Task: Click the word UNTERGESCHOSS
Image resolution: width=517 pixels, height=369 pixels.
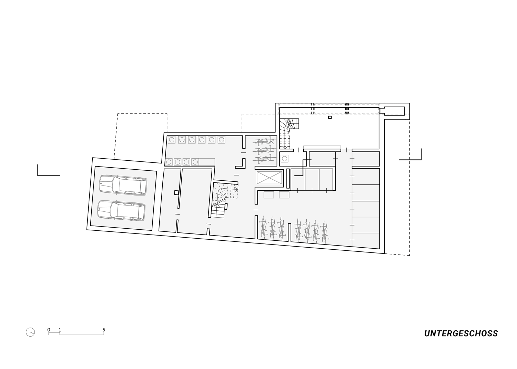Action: [x=461, y=334]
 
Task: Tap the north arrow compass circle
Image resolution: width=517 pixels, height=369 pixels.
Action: [x=30, y=332]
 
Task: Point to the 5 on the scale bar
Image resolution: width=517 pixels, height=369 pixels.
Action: [x=104, y=330]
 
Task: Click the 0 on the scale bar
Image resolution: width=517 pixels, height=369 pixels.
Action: [x=49, y=330]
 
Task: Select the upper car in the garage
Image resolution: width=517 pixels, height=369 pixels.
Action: [x=123, y=185]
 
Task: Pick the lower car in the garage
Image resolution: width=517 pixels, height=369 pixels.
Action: [x=121, y=210]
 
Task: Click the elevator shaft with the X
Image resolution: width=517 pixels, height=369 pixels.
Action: [x=269, y=178]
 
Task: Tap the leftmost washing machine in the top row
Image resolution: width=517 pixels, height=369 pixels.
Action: [x=172, y=140]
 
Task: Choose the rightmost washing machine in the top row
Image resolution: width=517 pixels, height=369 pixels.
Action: [x=221, y=140]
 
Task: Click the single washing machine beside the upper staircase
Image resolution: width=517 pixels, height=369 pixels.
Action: [x=285, y=159]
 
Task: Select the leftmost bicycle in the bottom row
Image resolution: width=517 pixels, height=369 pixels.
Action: [x=264, y=228]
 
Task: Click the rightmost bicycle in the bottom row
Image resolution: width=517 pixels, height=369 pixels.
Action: [x=324, y=232]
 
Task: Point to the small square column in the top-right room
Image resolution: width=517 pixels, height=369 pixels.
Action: [x=330, y=117]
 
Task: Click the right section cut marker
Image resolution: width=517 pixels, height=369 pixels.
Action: [x=410, y=154]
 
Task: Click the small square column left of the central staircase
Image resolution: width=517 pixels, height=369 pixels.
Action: [x=176, y=192]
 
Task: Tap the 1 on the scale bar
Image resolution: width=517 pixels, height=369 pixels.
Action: [x=60, y=330]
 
